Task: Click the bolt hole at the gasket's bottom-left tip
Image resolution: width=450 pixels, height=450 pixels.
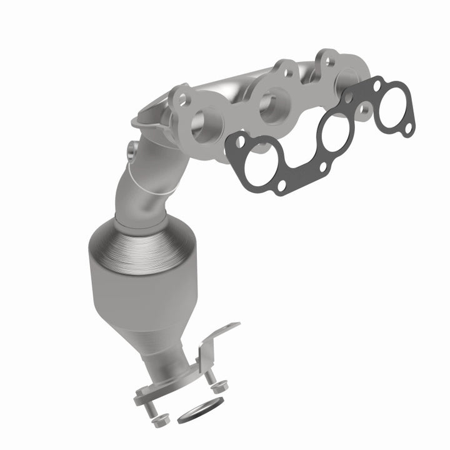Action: pyautogui.click(x=280, y=186)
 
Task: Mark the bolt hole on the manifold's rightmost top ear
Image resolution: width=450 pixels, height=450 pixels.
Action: pyautogui.click(x=324, y=59)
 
